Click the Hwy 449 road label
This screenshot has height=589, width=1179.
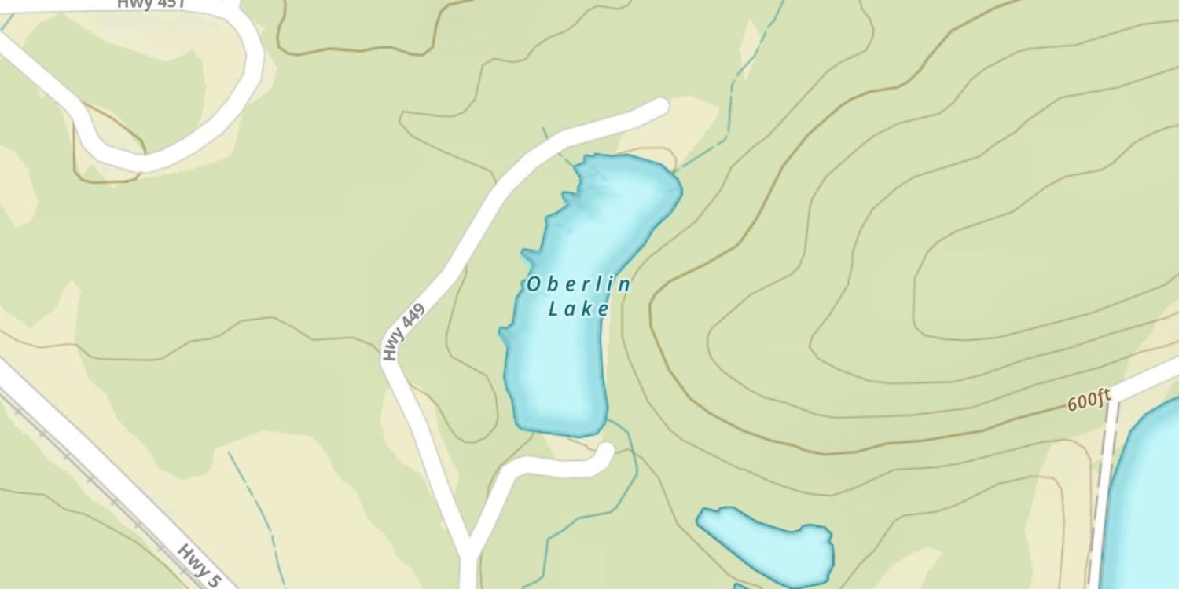coord(403,333)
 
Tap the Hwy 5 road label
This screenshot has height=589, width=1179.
coord(199,565)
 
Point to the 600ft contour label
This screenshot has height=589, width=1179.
coord(1089,401)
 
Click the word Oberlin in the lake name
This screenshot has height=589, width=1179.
coord(578,284)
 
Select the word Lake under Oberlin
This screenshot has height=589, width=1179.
coord(578,309)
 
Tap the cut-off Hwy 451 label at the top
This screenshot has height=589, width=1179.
coord(151,4)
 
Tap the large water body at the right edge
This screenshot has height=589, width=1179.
coord(1151,503)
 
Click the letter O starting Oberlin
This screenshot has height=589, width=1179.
coord(534,284)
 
